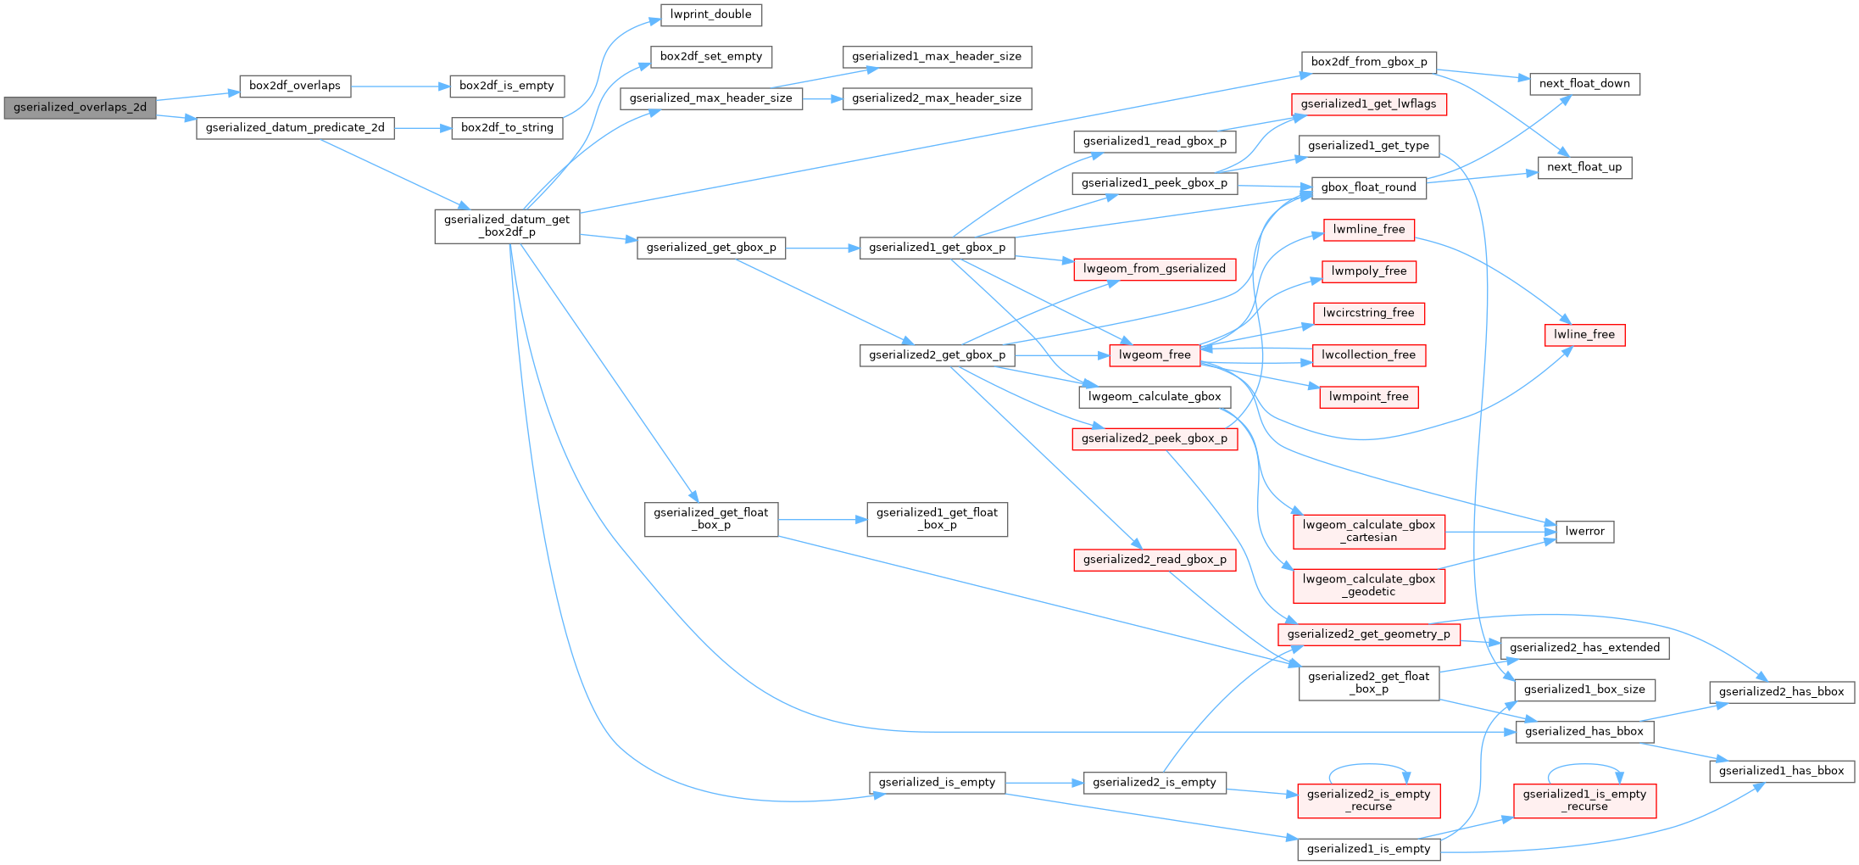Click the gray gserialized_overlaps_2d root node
pos(80,108)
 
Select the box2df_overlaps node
pos(295,86)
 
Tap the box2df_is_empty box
pos(507,86)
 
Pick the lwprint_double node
pos(710,15)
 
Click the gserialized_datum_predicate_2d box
pos(295,128)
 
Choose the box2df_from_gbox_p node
pos(1369,63)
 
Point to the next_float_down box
pos(1584,84)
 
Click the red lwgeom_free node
pos(1155,355)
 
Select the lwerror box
pos(1584,532)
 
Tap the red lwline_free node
pos(1584,335)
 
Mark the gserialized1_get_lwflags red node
pos(1368,104)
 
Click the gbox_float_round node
pos(1368,187)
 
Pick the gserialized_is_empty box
pos(937,783)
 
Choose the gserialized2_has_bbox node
pos(1782,692)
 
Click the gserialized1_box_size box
pos(1584,690)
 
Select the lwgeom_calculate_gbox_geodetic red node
pos(1369,586)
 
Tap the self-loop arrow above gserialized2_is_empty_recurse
pos(1369,765)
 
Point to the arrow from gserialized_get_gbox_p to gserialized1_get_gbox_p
pos(822,248)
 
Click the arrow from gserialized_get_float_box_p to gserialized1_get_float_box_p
pos(822,519)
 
